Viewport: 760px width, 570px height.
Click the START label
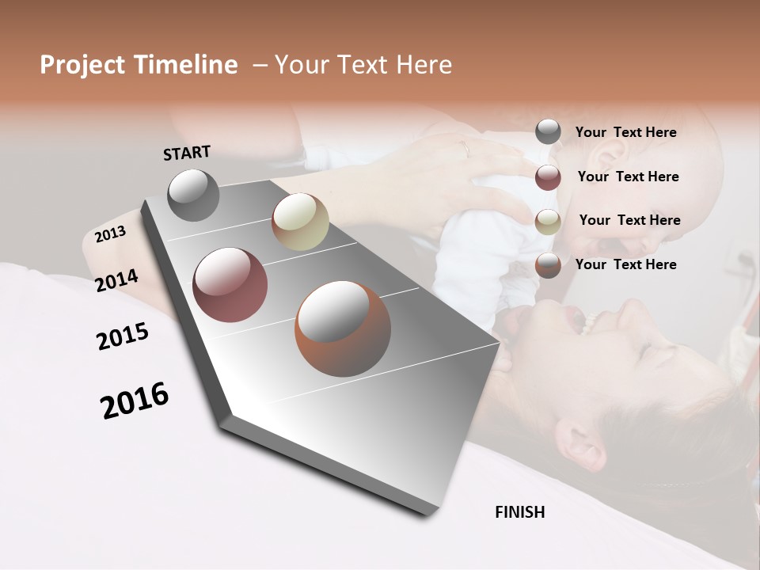point(187,153)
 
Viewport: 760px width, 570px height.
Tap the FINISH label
point(519,512)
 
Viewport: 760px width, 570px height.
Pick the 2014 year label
point(116,280)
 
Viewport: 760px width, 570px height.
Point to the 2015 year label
point(122,337)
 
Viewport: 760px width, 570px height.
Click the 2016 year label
point(135,401)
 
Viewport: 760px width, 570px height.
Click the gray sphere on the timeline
point(193,195)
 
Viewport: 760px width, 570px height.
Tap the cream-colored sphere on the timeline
point(299,222)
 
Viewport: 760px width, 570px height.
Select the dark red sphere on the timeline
point(230,285)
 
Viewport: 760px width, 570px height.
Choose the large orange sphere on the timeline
point(342,329)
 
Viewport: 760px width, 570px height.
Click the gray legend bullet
point(548,132)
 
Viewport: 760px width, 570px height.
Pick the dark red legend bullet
point(548,177)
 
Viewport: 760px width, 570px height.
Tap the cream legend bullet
point(548,221)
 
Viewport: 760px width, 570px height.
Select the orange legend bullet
point(548,264)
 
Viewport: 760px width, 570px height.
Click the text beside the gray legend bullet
point(625,132)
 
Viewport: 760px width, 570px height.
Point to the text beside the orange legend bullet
point(625,264)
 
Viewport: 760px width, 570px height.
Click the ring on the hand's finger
point(465,147)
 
